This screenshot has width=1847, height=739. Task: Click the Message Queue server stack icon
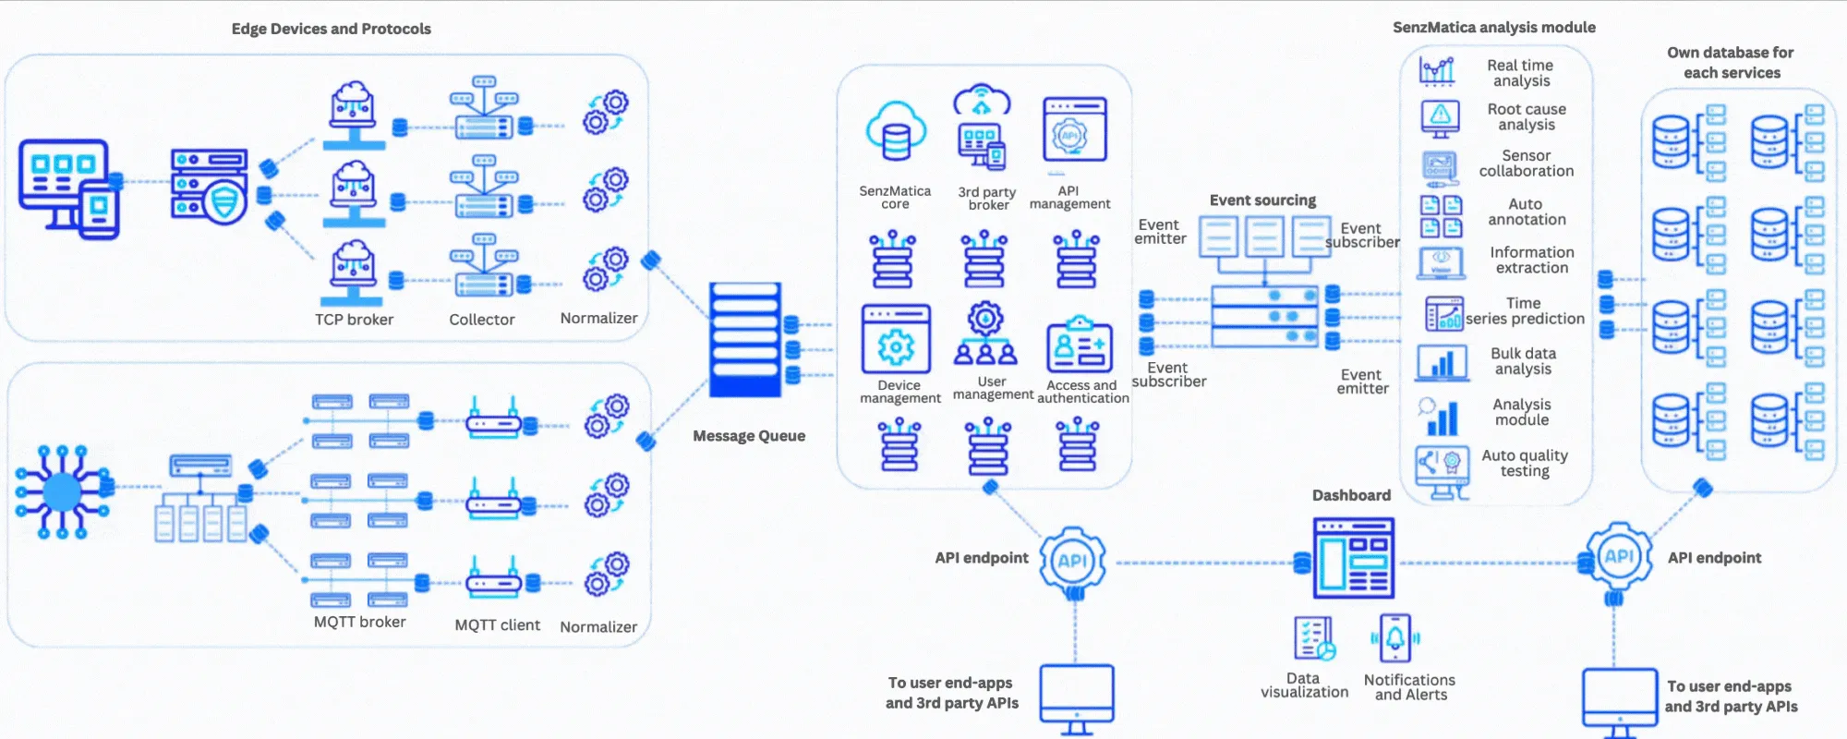(x=745, y=339)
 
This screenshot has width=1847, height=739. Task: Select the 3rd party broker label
(x=987, y=199)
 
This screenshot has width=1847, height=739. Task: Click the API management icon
(x=1074, y=132)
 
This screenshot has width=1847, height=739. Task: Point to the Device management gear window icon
(x=895, y=340)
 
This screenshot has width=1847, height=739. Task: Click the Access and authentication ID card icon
(x=1079, y=345)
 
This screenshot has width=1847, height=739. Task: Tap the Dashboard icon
(x=1353, y=557)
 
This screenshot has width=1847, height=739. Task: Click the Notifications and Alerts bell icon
(x=1395, y=638)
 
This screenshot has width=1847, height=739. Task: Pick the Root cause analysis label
(x=1527, y=116)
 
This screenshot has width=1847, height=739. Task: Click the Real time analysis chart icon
(x=1437, y=70)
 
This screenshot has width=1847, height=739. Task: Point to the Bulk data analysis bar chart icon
(x=1442, y=362)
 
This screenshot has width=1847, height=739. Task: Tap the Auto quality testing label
(x=1525, y=463)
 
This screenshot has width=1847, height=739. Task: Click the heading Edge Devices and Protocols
(x=331, y=29)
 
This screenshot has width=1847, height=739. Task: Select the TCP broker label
(x=354, y=320)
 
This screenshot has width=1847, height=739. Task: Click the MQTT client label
(x=497, y=625)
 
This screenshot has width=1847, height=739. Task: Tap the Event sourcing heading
(x=1262, y=200)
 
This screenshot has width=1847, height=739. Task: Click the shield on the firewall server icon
(x=226, y=200)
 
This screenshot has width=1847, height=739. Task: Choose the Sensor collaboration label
(x=1526, y=164)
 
